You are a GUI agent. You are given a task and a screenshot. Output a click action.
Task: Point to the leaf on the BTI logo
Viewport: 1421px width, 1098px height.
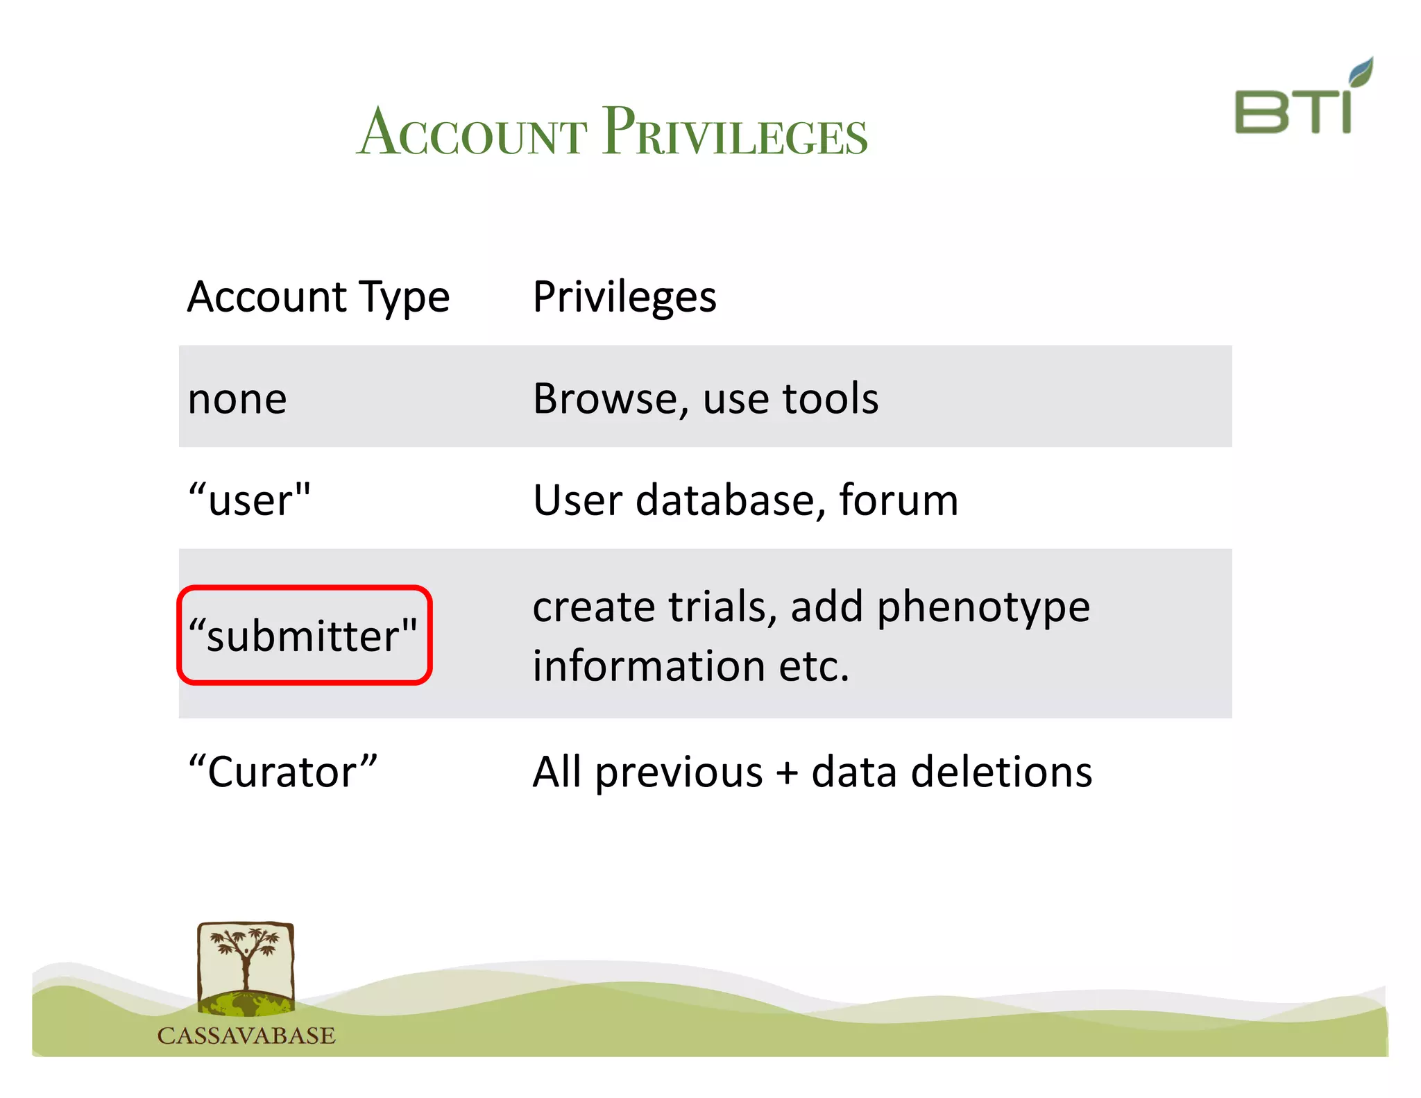1361,71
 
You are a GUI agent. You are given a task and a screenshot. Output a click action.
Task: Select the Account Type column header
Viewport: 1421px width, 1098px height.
318,297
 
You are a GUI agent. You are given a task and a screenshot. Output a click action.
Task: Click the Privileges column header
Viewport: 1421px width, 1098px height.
624,297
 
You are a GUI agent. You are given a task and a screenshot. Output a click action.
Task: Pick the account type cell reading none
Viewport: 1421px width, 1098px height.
237,399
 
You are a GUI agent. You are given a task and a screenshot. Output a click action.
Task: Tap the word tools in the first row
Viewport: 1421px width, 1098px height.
830,399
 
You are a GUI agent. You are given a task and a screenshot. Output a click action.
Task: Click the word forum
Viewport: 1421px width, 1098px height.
899,500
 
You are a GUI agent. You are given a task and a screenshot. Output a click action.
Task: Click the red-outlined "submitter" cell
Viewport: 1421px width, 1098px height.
304,636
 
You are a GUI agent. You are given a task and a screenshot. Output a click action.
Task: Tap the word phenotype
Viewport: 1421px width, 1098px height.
983,608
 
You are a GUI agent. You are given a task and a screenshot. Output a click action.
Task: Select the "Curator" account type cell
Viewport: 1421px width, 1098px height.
283,772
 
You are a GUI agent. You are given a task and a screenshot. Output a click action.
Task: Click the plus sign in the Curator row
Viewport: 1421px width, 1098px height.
787,773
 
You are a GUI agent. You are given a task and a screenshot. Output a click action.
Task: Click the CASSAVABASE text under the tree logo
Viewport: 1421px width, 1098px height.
246,1036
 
